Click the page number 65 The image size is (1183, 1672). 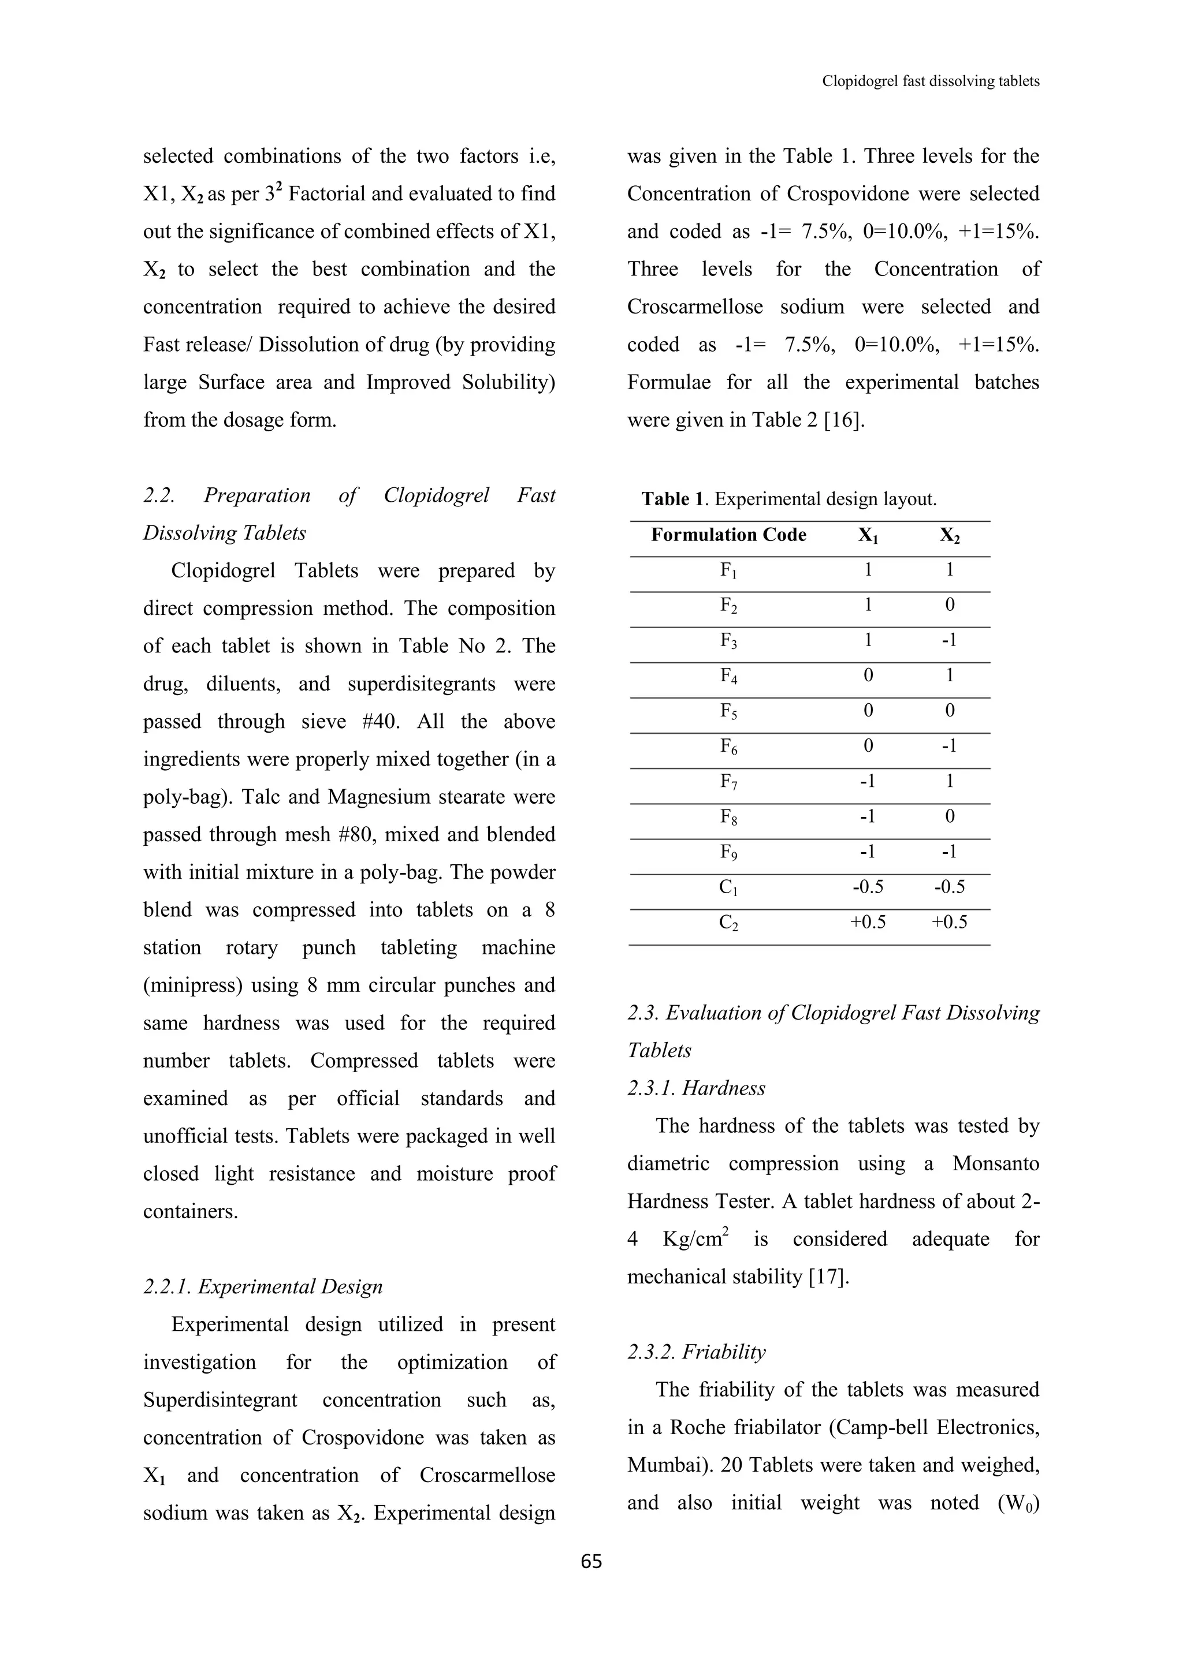coord(591,1561)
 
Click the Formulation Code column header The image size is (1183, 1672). coord(728,535)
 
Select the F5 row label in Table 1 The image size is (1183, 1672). coord(728,711)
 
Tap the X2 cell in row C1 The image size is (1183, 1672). coord(949,887)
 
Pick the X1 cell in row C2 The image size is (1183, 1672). coord(868,923)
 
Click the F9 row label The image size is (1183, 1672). coord(728,853)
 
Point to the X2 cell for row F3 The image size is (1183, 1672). coord(948,640)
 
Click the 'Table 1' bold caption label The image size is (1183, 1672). coord(674,499)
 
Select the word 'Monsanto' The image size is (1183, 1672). coord(995,1164)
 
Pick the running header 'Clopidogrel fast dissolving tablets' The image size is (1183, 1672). coord(930,81)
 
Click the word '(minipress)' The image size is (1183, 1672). coord(192,986)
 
